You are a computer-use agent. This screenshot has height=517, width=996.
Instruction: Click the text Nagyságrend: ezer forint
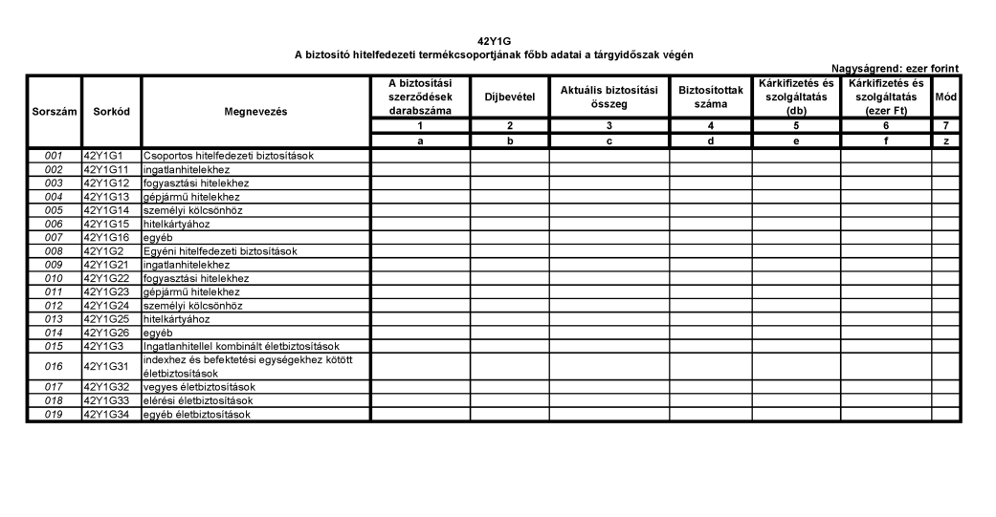pyautogui.click(x=896, y=68)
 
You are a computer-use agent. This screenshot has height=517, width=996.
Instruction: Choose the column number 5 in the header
pyautogui.click(x=796, y=125)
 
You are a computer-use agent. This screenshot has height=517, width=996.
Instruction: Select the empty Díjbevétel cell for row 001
pyautogui.click(x=509, y=155)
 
